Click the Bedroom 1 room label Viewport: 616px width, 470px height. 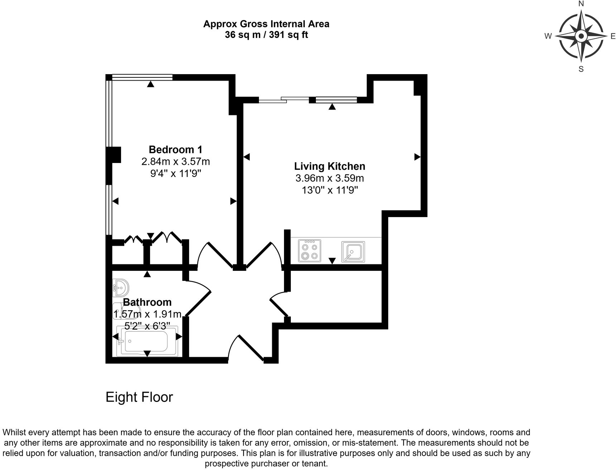[175, 149]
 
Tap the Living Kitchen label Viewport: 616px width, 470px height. [329, 166]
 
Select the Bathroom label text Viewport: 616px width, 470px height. [147, 302]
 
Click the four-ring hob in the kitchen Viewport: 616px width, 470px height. [310, 251]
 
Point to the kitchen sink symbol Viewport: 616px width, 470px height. [353, 251]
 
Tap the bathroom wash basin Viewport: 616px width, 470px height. [121, 288]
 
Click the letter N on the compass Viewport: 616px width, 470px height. [581, 4]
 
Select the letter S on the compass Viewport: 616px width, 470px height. [581, 69]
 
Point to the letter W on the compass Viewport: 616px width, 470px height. [548, 36]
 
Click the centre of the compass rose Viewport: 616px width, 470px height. [581, 36]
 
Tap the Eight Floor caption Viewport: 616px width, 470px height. [139, 397]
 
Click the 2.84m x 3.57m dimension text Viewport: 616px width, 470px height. [175, 162]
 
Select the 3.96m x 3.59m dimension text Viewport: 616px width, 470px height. [329, 178]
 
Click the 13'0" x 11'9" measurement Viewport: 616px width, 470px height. [330, 190]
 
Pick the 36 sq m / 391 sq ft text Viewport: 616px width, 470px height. [266, 35]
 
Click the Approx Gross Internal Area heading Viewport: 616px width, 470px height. [266, 24]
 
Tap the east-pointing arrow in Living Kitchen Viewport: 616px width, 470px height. [417, 157]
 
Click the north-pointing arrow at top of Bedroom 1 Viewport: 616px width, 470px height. [151, 84]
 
